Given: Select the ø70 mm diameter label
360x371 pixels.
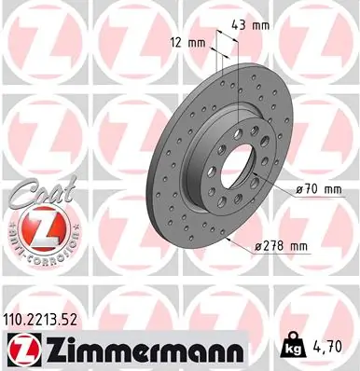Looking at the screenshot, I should click(320, 189).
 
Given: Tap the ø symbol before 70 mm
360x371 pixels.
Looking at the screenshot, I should click(299, 189).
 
